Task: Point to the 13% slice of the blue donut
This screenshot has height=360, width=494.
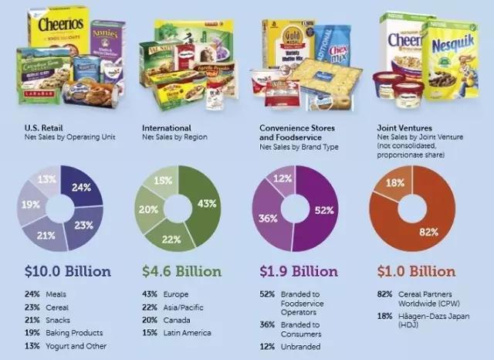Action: [x=46, y=182]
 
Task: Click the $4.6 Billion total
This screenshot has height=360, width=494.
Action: [x=181, y=271]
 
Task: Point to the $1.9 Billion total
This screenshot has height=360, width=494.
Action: [x=299, y=271]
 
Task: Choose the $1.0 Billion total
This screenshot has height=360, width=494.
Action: [x=418, y=271]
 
